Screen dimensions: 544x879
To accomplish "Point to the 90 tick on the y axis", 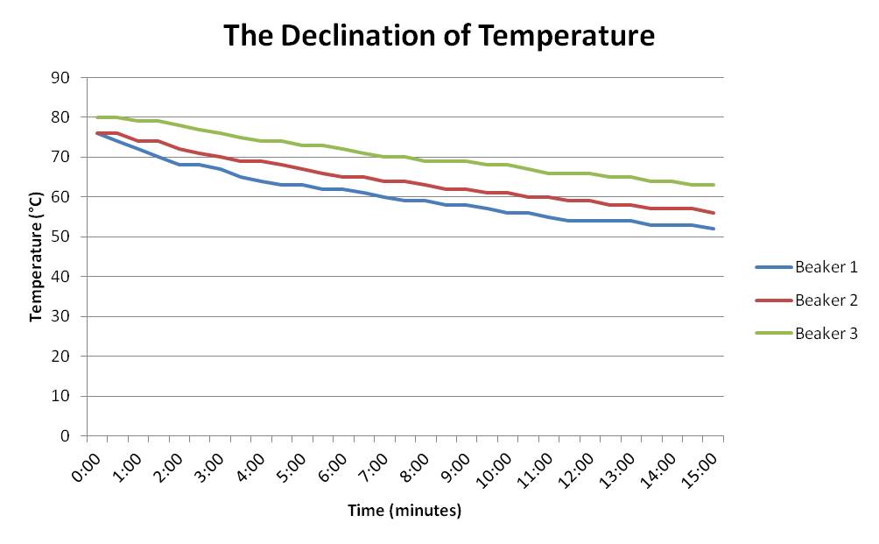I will coord(63,77).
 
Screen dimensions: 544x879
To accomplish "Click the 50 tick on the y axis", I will coord(63,237).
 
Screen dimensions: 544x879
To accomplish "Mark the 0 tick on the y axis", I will coord(67,435).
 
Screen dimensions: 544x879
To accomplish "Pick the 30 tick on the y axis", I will coord(63,316).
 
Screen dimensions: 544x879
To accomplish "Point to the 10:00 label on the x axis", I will coord(497,463).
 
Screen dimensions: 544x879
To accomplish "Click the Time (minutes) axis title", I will coord(404,510).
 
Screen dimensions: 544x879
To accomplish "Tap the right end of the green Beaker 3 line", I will coord(714,185).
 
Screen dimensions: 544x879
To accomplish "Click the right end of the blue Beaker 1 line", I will coord(714,229).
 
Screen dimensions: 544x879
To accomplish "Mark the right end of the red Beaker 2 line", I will coord(714,213).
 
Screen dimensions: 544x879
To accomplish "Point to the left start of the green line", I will coord(96,117).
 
